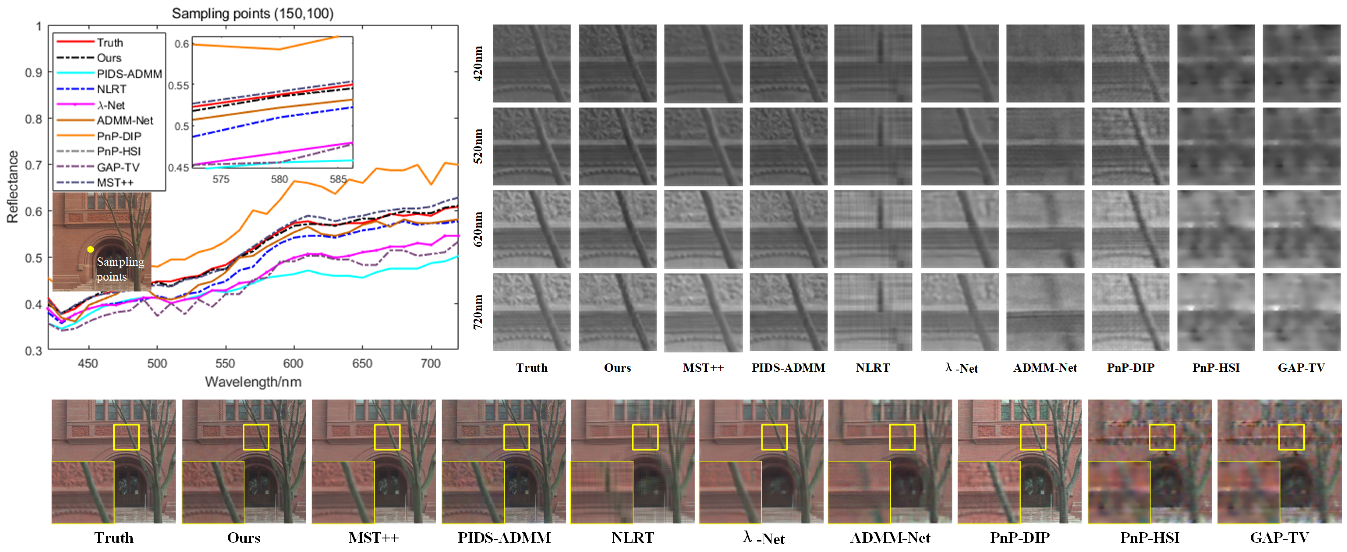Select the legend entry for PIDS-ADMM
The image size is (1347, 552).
pyautogui.click(x=129, y=74)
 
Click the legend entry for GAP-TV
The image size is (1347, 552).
pyautogui.click(x=118, y=167)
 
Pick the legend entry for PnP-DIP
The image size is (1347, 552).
pyautogui.click(x=119, y=136)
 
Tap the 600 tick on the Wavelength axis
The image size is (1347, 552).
pyautogui.click(x=293, y=363)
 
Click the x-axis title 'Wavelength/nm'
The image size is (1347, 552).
pyautogui.click(x=253, y=382)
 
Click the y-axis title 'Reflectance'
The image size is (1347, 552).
pyautogui.click(x=13, y=187)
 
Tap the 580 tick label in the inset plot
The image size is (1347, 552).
pyautogui.click(x=279, y=179)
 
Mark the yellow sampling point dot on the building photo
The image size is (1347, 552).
pyautogui.click(x=91, y=249)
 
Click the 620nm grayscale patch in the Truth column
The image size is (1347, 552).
pyautogui.click(x=532, y=229)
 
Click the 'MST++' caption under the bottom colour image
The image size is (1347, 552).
pyautogui.click(x=373, y=537)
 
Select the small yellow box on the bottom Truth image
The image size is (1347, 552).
pyautogui.click(x=126, y=437)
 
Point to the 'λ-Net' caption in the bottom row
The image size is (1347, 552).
pyautogui.click(x=763, y=537)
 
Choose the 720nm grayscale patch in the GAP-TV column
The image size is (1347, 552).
pyautogui.click(x=1301, y=312)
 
